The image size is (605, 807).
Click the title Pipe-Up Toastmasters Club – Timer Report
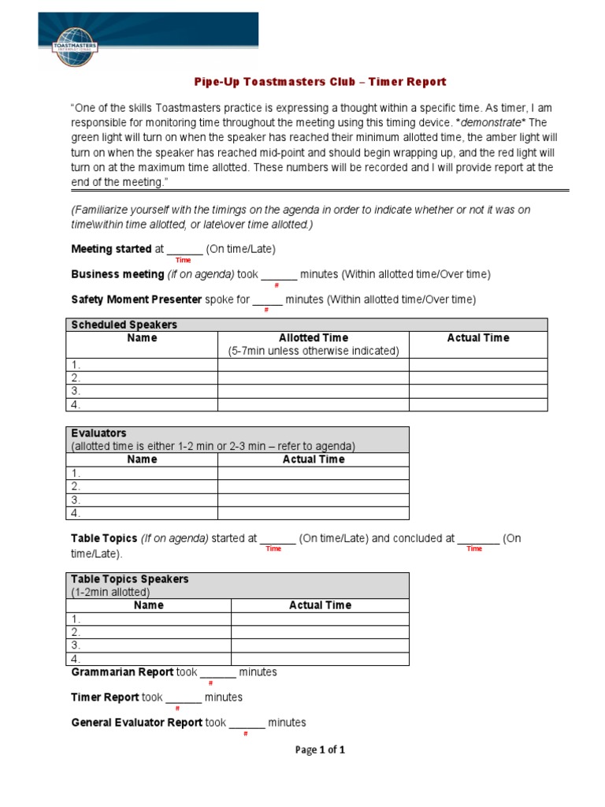coord(320,82)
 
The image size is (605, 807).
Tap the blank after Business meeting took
coord(278,275)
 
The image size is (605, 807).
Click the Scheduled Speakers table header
coord(124,325)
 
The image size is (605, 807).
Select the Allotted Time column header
coord(314,338)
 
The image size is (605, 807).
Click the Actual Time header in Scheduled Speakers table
coord(477,338)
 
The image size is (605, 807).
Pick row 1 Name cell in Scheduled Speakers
coord(142,365)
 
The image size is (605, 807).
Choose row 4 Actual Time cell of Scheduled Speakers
coord(477,404)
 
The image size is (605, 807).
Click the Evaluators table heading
coord(99,433)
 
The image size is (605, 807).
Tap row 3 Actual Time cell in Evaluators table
coord(314,500)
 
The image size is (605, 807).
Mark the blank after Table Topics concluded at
coord(477,540)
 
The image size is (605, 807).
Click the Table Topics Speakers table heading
coord(130,579)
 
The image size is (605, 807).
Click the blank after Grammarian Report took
coord(217,673)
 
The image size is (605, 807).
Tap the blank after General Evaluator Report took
coord(247,723)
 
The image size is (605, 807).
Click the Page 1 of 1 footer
coord(320,750)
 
